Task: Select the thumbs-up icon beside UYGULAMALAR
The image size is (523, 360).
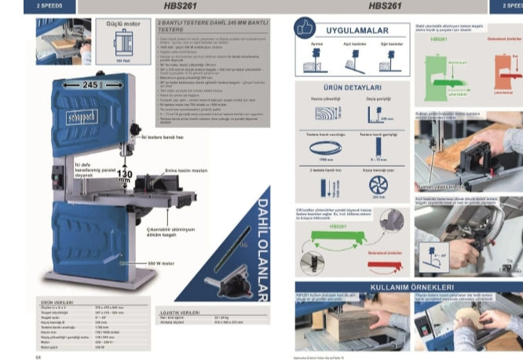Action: coord(304,29)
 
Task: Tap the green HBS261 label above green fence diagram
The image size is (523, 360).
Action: coord(338,226)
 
